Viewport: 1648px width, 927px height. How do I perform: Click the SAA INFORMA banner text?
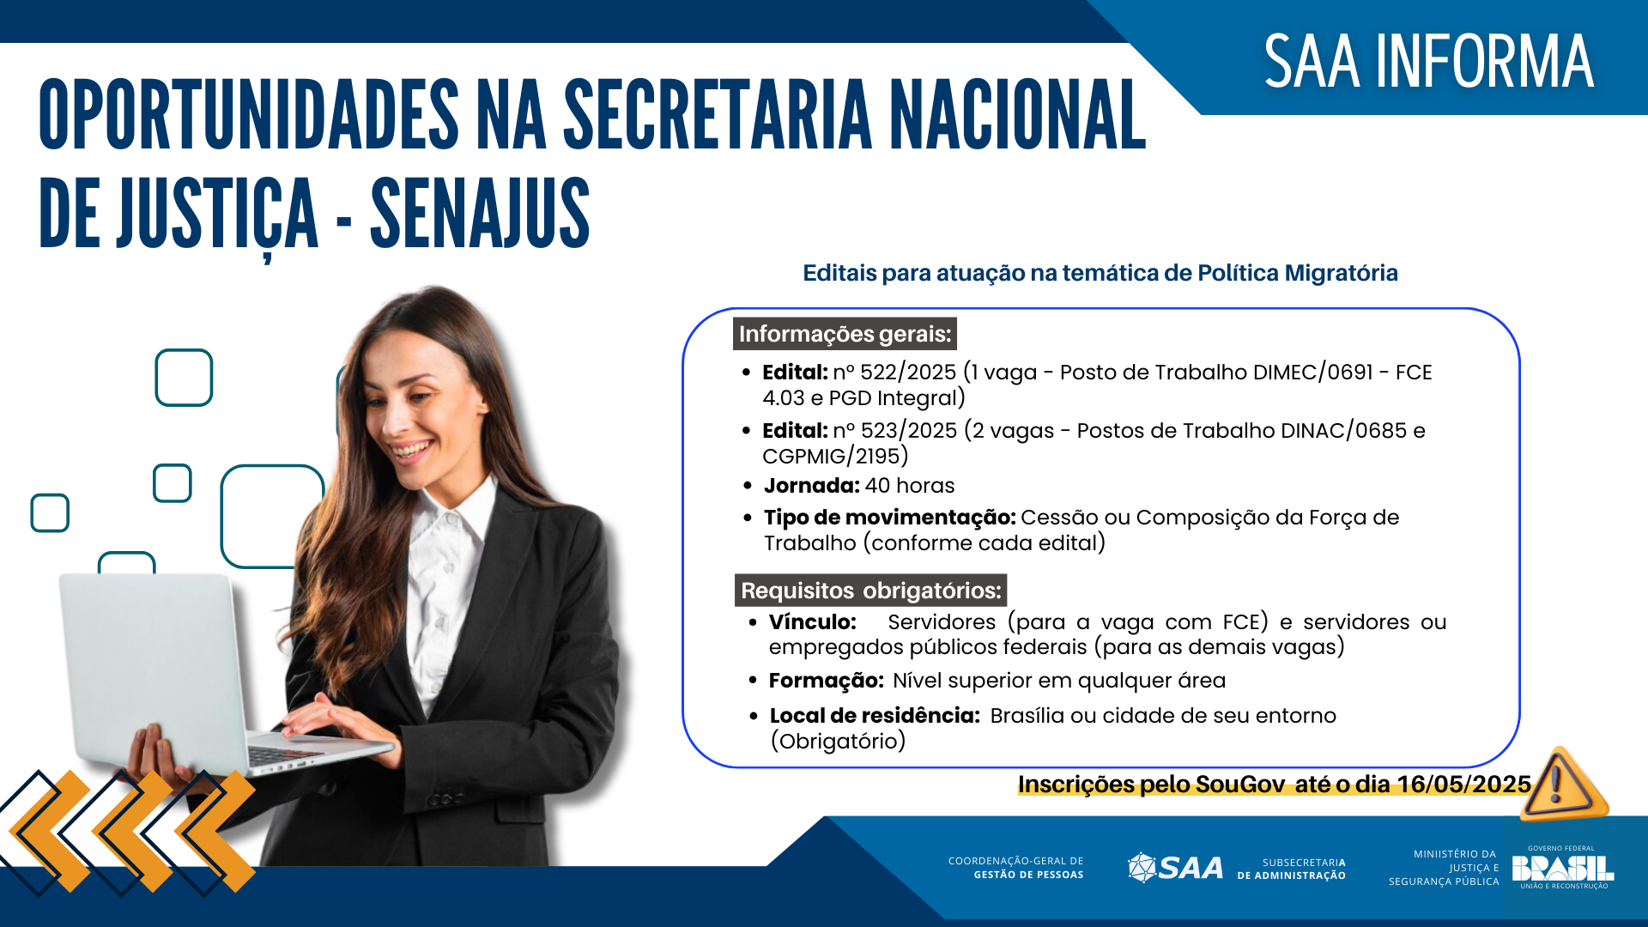coord(1428,62)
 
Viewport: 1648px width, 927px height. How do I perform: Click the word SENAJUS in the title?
coord(480,214)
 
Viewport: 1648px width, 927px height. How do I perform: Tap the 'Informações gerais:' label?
coord(845,334)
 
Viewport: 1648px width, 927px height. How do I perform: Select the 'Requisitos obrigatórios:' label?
coord(870,591)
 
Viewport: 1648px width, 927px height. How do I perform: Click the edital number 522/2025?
coord(907,373)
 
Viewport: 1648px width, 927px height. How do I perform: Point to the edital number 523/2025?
coord(908,431)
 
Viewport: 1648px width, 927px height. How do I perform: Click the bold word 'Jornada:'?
coord(811,486)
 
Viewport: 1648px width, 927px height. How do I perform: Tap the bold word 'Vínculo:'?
coord(812,622)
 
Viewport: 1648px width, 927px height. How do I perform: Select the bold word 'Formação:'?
coord(826,681)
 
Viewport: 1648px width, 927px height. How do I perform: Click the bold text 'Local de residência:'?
coord(874,716)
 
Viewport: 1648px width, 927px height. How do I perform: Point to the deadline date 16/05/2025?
coord(1463,785)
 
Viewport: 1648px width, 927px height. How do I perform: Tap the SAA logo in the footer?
coord(1175,868)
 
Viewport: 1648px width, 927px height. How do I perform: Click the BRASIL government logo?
coord(1562,868)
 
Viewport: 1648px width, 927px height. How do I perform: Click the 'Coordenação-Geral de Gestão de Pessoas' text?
coord(1015,868)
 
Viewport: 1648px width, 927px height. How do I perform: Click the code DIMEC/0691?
coord(1312,373)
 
